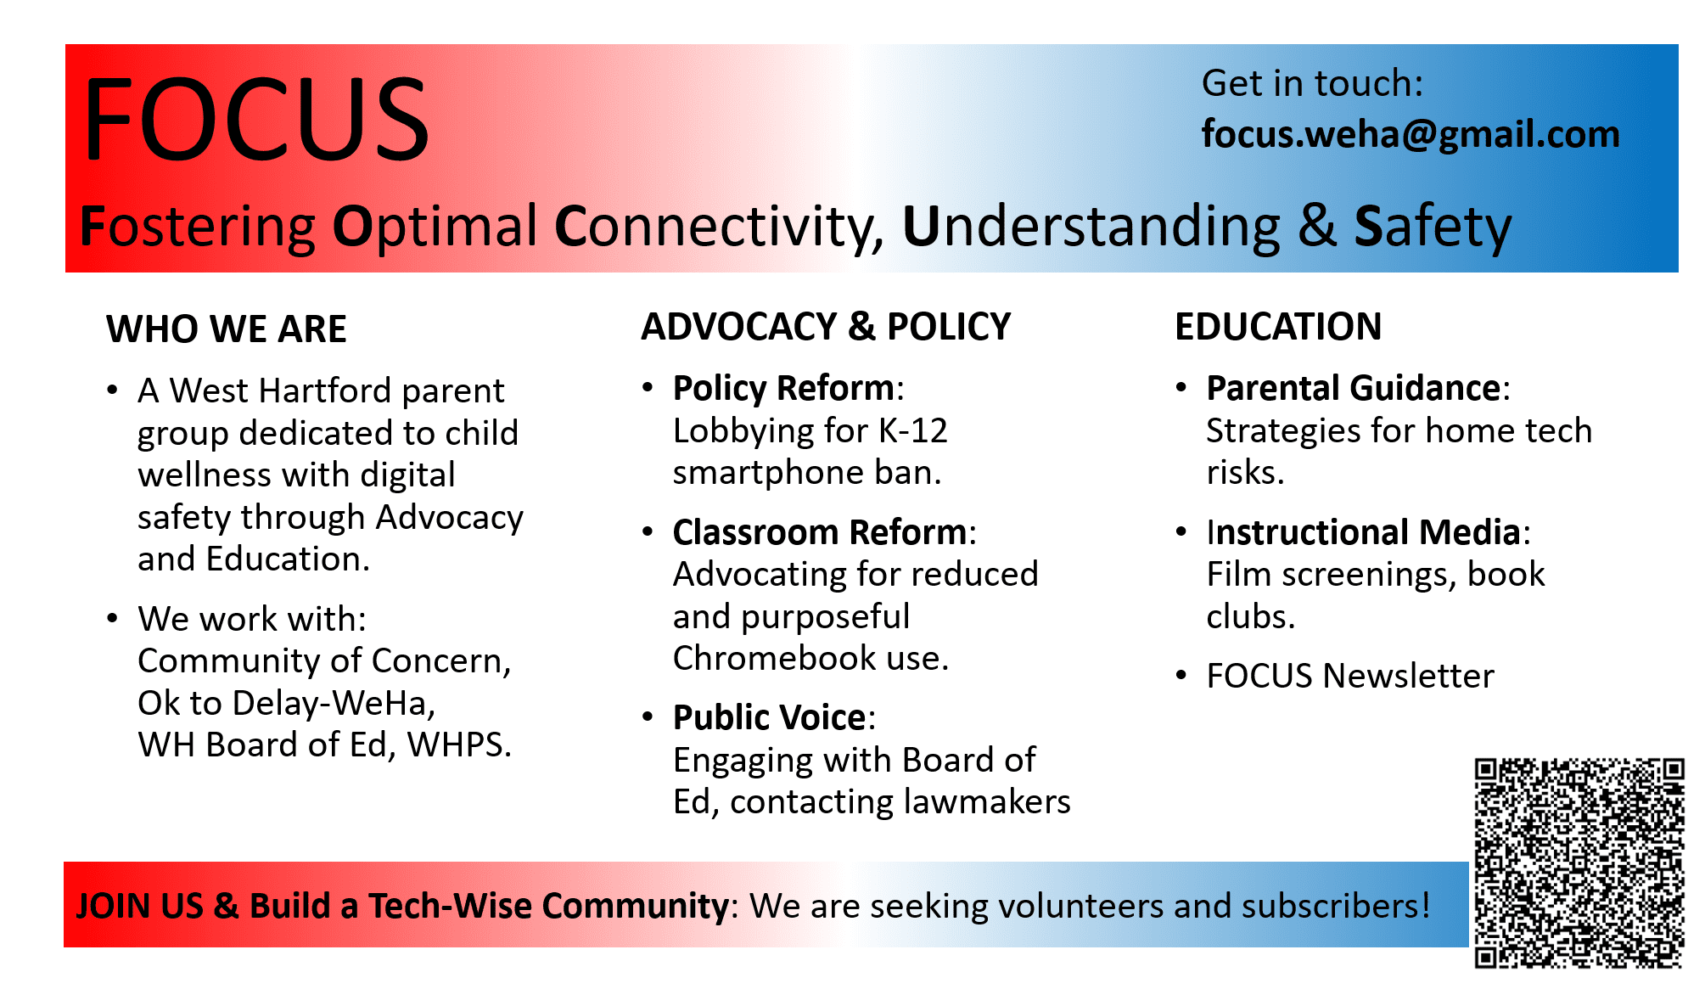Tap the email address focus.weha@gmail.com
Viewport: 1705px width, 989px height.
[x=1411, y=134]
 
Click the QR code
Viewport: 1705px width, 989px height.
[x=1579, y=863]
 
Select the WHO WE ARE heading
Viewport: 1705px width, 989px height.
[x=227, y=329]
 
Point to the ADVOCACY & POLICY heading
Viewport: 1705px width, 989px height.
[x=826, y=327]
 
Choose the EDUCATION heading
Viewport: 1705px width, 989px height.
[x=1278, y=327]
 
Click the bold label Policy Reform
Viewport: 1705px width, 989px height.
[x=783, y=388]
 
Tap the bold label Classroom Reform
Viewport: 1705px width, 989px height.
[x=820, y=532]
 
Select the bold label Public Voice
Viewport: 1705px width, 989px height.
[x=770, y=717]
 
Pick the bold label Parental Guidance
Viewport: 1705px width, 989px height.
[x=1354, y=388]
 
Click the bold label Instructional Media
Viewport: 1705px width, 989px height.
[x=1364, y=532]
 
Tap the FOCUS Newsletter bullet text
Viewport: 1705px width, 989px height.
[x=1350, y=676]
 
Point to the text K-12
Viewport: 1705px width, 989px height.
[x=913, y=430]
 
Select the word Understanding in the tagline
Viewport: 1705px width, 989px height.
[x=1091, y=227]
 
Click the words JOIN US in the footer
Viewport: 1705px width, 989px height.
[x=140, y=906]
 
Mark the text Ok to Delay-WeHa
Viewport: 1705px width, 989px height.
[x=287, y=703]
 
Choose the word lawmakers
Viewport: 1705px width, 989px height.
[x=986, y=801]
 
